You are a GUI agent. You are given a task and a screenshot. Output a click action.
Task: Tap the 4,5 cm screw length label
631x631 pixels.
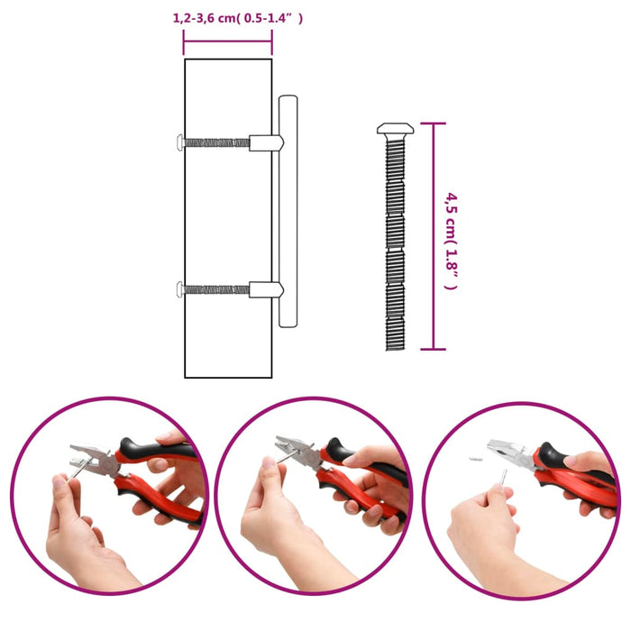pos(452,237)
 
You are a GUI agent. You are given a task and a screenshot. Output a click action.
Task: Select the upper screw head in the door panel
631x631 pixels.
pos(181,142)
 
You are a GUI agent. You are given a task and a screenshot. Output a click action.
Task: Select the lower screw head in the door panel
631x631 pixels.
pos(181,289)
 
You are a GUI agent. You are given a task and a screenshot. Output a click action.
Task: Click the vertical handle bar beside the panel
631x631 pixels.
pos(288,212)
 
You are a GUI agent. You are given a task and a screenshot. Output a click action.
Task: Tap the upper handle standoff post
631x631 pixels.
pos(266,142)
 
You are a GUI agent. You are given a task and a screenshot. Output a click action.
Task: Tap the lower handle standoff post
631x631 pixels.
pos(266,289)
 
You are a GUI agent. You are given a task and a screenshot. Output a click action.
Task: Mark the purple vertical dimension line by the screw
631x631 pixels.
pos(434,237)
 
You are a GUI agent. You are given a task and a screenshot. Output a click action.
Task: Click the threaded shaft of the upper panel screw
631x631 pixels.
pos(216,142)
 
